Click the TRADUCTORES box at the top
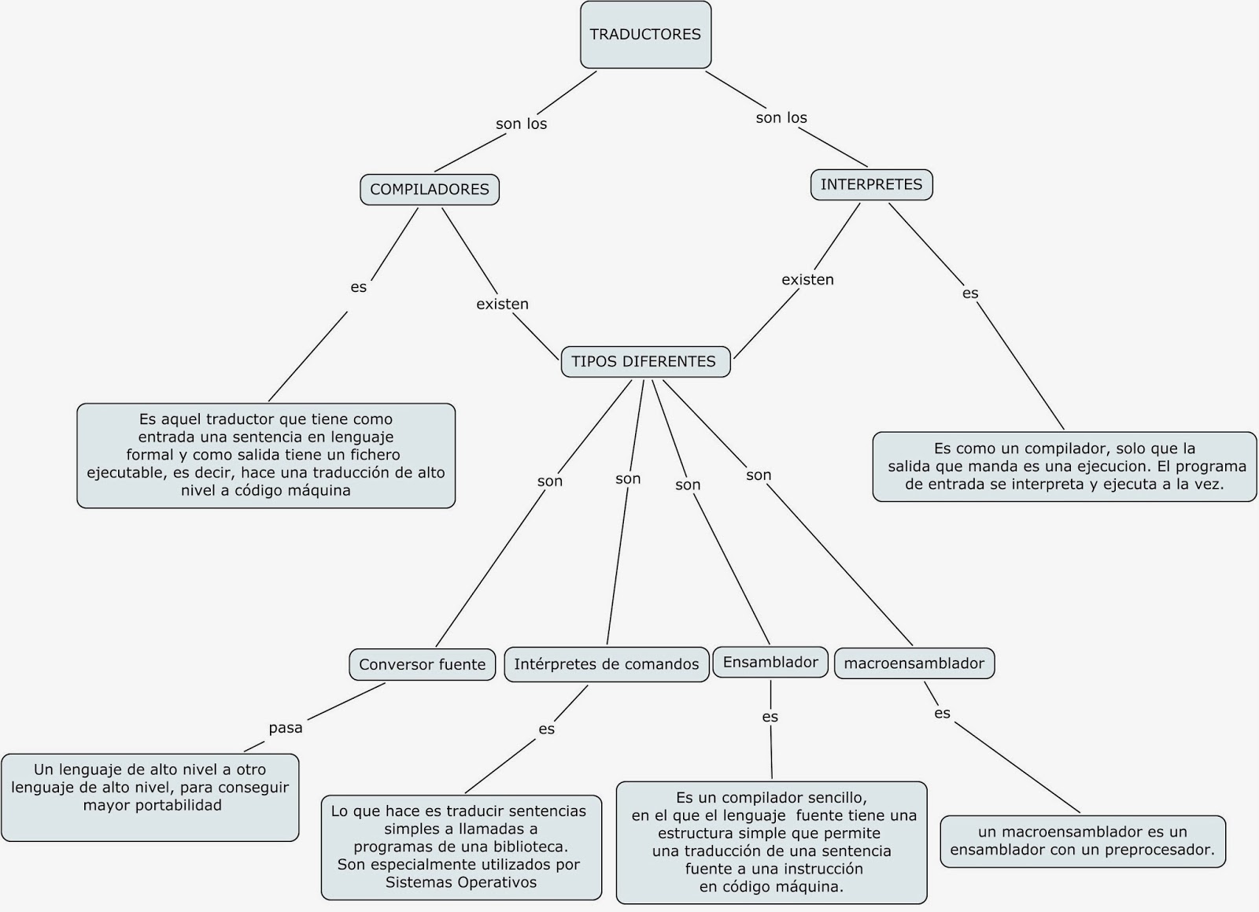[645, 35]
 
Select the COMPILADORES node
[430, 190]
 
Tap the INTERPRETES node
[871, 185]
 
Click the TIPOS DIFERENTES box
[644, 362]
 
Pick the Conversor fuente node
[423, 664]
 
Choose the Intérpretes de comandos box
[606, 664]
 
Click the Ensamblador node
[770, 663]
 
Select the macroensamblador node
[914, 663]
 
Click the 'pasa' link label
[286, 728]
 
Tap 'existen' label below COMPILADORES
[502, 304]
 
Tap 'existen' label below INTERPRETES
[807, 279]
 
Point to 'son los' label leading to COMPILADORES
[521, 124]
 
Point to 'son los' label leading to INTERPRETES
[781, 117]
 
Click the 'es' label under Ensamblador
[770, 717]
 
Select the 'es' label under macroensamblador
[942, 713]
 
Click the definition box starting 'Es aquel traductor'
[266, 456]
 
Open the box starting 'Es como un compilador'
[1064, 467]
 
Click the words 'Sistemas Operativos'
[461, 882]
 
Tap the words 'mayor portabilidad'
[153, 805]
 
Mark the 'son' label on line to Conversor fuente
[550, 481]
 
